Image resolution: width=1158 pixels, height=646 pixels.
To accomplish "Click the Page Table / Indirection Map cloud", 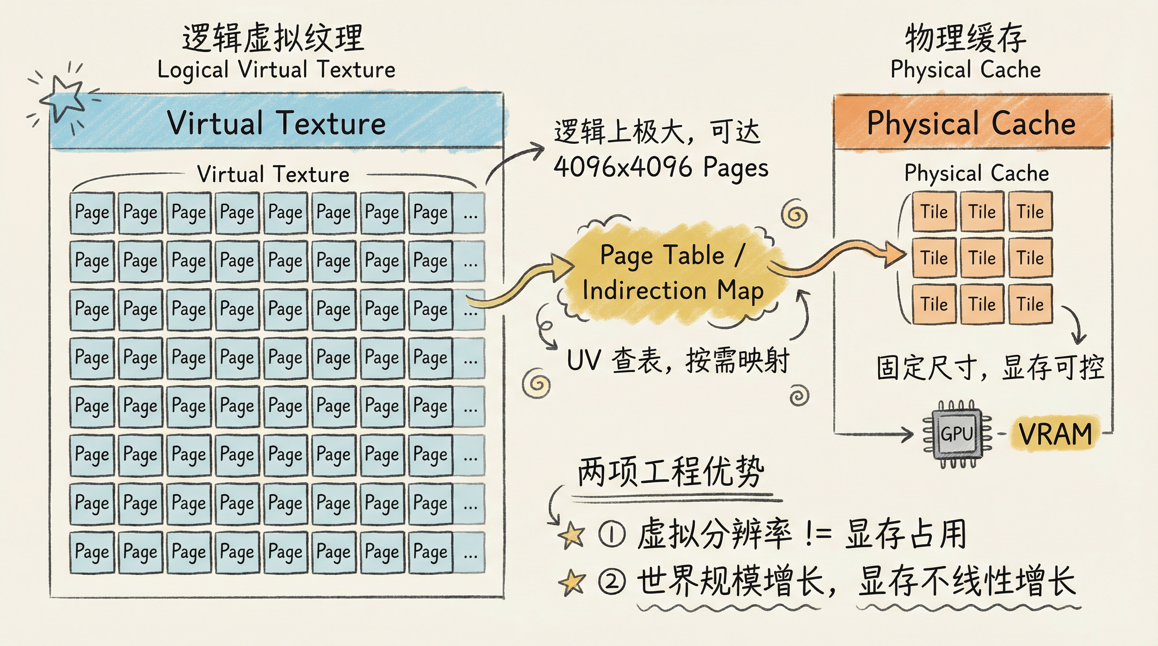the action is (x=672, y=272).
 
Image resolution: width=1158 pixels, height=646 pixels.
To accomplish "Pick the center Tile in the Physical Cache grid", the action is (x=982, y=258).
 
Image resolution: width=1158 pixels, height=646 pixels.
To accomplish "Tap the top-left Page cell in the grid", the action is (x=92, y=212).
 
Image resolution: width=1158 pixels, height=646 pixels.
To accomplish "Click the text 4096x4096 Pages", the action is (x=661, y=167).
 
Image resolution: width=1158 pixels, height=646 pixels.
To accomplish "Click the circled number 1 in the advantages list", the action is (x=612, y=535).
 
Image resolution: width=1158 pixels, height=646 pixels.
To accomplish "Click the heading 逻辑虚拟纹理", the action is (x=273, y=38).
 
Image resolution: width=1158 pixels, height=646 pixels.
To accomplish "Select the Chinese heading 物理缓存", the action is (x=966, y=38).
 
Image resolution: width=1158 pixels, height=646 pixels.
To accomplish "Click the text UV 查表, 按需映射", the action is (x=678, y=360).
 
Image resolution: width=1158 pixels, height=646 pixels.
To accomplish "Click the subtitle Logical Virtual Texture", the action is (x=276, y=70).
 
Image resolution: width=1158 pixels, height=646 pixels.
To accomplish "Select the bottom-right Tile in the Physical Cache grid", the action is (x=1031, y=304).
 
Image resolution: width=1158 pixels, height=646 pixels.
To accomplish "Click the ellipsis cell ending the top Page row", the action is (x=469, y=213).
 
